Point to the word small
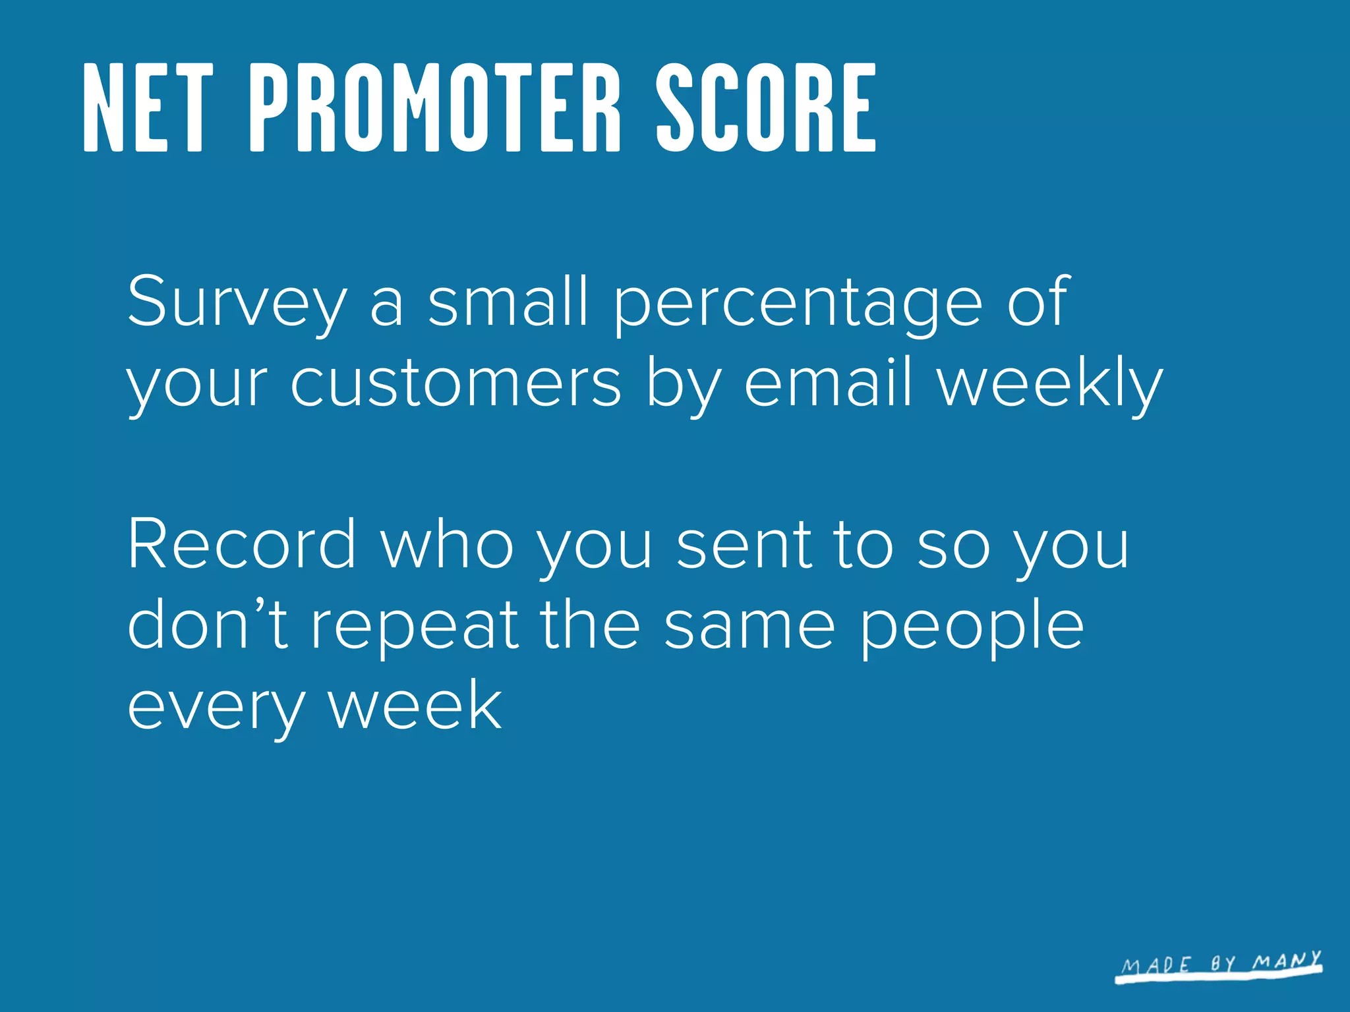tap(508, 301)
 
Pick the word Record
tap(242, 544)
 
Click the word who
tap(448, 544)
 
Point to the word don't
tap(208, 624)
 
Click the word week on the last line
tap(415, 705)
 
